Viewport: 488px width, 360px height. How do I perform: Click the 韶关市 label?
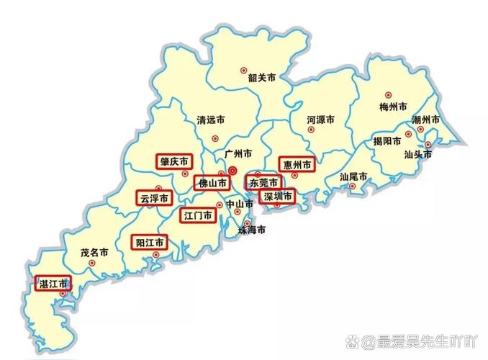[261, 78]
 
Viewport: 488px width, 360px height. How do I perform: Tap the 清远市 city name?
[211, 121]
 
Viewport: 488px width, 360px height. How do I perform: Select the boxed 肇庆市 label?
[174, 161]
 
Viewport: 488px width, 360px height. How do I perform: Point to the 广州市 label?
[238, 154]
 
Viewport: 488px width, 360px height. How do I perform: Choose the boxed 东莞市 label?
[263, 183]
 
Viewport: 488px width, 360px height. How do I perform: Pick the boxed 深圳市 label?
[277, 196]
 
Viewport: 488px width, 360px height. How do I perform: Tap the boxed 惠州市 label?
[297, 166]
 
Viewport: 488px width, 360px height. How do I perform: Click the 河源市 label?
[320, 120]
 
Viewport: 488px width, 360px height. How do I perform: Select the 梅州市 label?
[393, 107]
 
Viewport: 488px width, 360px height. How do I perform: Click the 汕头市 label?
[417, 153]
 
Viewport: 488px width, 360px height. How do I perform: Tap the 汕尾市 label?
[353, 176]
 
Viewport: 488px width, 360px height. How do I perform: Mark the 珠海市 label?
[252, 230]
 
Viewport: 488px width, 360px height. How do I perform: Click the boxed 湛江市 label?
[53, 283]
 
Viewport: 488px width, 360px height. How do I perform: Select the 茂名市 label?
[94, 253]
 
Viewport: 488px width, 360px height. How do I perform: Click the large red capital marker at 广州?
[232, 171]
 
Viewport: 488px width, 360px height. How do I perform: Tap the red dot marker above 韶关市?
[243, 70]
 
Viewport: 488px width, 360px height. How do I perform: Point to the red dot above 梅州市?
[388, 94]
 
